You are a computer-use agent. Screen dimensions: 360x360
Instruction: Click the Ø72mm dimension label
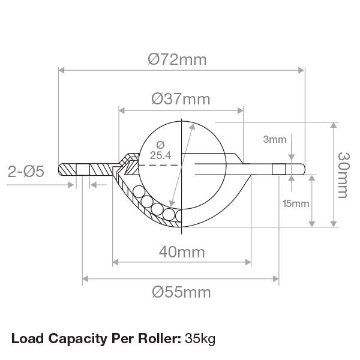click(177, 59)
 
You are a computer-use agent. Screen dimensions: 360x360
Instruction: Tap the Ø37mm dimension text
click(181, 99)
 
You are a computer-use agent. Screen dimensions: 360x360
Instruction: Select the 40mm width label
click(182, 252)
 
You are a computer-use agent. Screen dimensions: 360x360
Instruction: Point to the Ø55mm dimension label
click(181, 292)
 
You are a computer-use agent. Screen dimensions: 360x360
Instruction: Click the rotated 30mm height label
click(344, 175)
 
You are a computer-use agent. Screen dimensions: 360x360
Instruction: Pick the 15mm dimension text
click(296, 203)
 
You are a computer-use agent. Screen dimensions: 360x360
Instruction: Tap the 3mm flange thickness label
click(275, 139)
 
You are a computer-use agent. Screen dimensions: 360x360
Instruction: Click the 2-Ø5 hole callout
click(26, 172)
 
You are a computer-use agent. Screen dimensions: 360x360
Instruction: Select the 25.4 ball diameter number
click(160, 155)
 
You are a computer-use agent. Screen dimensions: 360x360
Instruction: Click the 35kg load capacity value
click(200, 338)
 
